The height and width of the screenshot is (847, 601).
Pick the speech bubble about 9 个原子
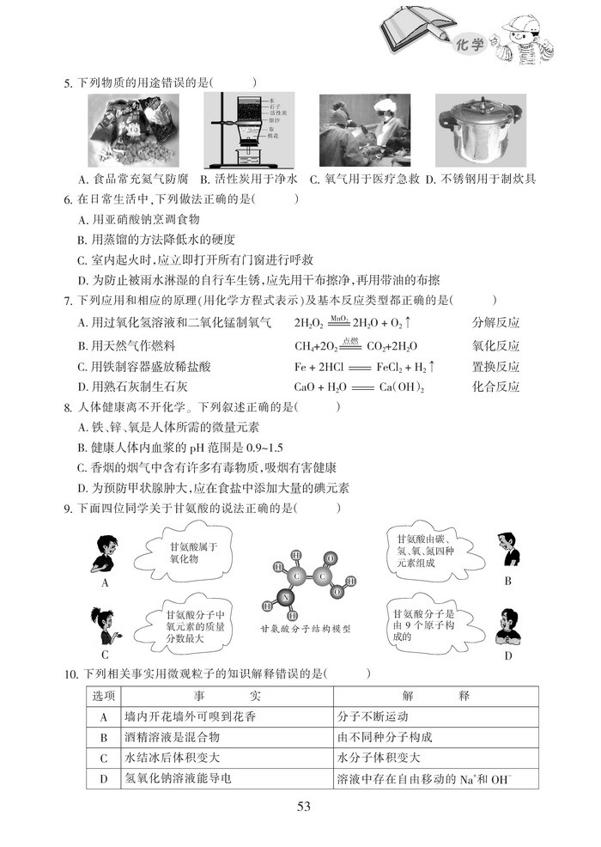pyautogui.click(x=424, y=625)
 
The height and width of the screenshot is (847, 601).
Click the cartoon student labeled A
pyautogui.click(x=104, y=554)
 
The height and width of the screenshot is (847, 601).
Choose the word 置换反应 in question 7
pyautogui.click(x=496, y=367)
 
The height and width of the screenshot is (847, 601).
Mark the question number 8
pyautogui.click(x=68, y=407)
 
